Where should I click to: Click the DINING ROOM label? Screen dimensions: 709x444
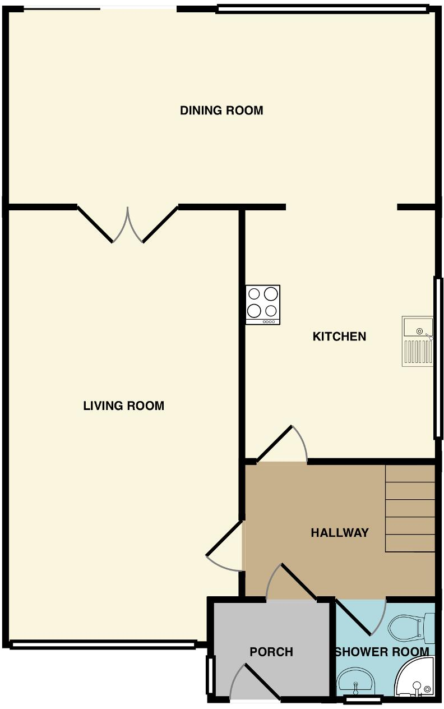[x=221, y=111]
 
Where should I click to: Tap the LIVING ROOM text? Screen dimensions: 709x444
[x=123, y=406]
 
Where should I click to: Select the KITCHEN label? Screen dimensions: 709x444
[x=339, y=337]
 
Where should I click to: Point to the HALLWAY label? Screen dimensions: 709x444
[x=340, y=533]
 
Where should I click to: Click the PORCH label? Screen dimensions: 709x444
[x=271, y=652]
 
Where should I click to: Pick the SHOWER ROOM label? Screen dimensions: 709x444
[x=382, y=652]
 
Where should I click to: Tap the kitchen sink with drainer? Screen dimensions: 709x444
[x=417, y=341]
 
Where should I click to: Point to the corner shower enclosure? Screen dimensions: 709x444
[x=416, y=679]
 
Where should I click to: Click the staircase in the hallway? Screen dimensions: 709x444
[x=410, y=508]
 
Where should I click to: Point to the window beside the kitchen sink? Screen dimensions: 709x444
[x=437, y=357]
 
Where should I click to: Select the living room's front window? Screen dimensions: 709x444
[x=103, y=644]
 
